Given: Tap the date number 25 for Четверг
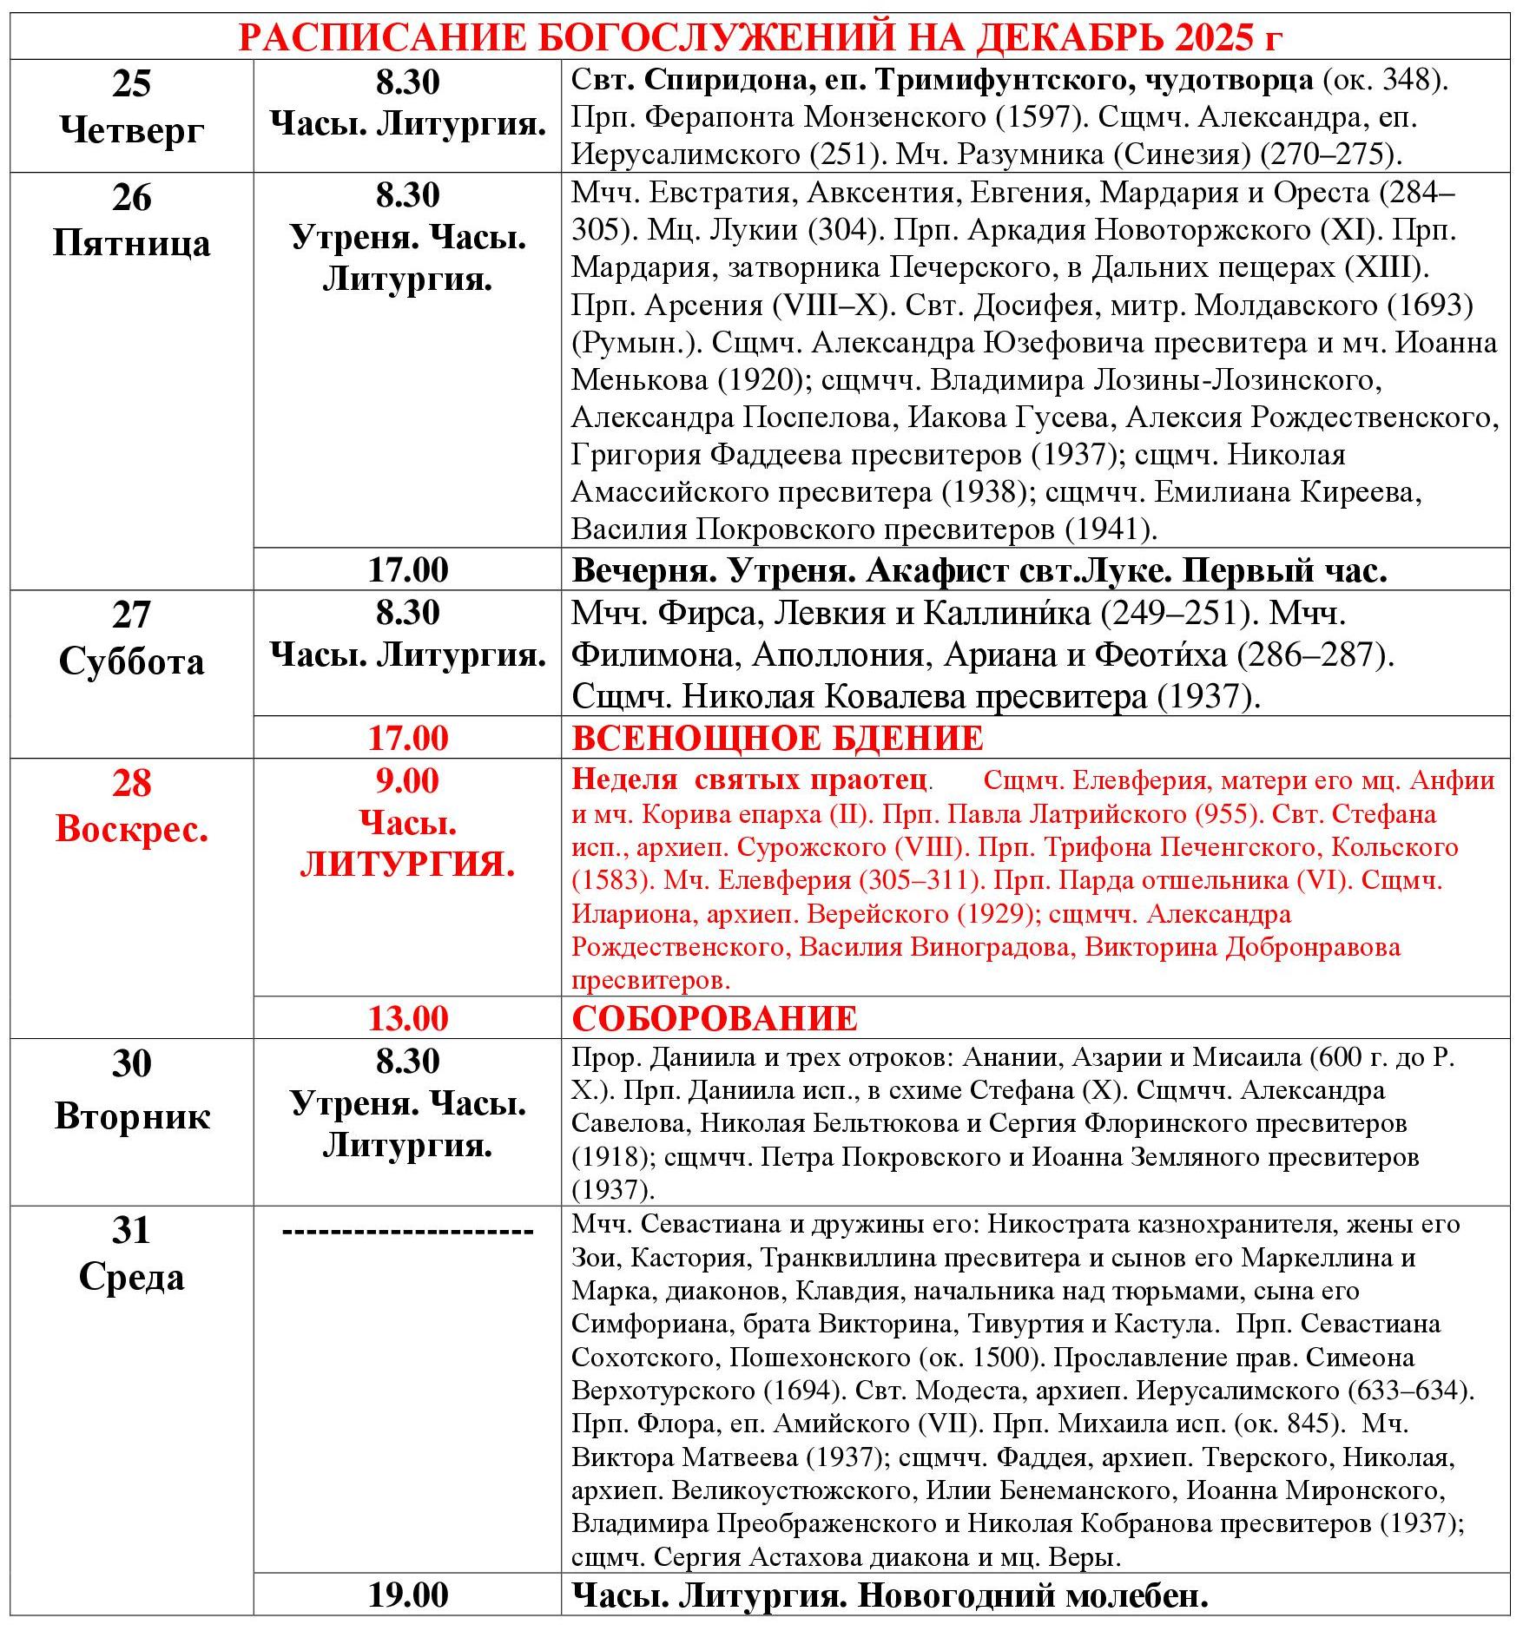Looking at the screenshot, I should point(132,83).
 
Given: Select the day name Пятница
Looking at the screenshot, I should point(132,243).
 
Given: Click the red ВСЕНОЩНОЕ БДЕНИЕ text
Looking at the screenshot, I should point(777,739).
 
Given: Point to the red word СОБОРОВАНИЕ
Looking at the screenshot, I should point(715,1018).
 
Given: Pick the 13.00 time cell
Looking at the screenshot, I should point(408,1018).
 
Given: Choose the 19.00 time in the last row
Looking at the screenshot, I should point(408,1595).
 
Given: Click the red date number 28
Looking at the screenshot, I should point(132,783).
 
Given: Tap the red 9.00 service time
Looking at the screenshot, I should point(408,781).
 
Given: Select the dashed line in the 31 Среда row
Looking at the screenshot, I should point(408,1231).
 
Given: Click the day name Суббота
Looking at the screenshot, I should point(132,661).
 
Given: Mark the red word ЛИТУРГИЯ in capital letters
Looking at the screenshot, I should point(408,865).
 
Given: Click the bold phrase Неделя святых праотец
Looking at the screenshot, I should point(748,779).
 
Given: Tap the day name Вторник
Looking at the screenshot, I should point(132,1116).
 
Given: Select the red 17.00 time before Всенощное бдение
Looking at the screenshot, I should point(408,739).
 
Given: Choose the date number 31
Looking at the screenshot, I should point(132,1231).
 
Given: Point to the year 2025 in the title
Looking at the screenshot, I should point(1212,37).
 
